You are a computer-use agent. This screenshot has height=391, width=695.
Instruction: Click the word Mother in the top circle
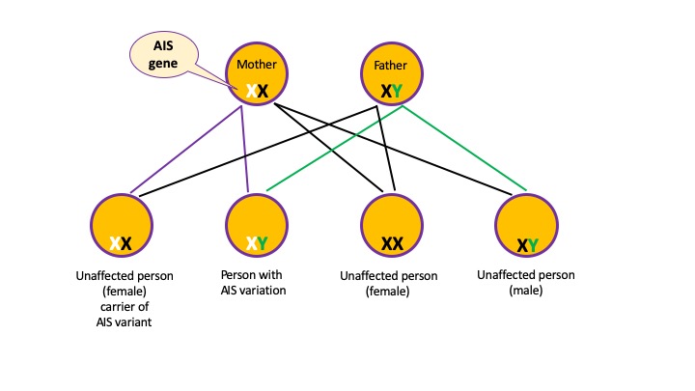click(257, 65)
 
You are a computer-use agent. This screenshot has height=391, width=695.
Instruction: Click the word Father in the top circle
click(391, 66)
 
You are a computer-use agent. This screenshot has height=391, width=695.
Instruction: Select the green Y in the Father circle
click(397, 92)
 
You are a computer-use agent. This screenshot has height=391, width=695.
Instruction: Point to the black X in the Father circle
click(385, 92)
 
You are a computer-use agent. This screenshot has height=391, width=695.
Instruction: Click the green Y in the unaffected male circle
click(533, 244)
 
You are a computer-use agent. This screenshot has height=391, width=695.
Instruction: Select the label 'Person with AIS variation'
click(255, 282)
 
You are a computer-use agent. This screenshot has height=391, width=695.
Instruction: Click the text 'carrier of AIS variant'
click(125, 316)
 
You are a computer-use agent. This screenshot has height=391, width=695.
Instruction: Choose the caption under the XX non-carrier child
click(388, 283)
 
